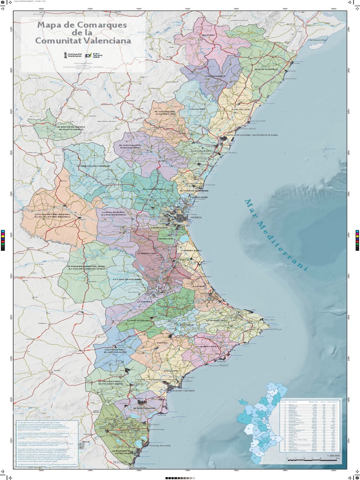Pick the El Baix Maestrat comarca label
pos(266,69)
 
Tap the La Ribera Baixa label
pos(191,251)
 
